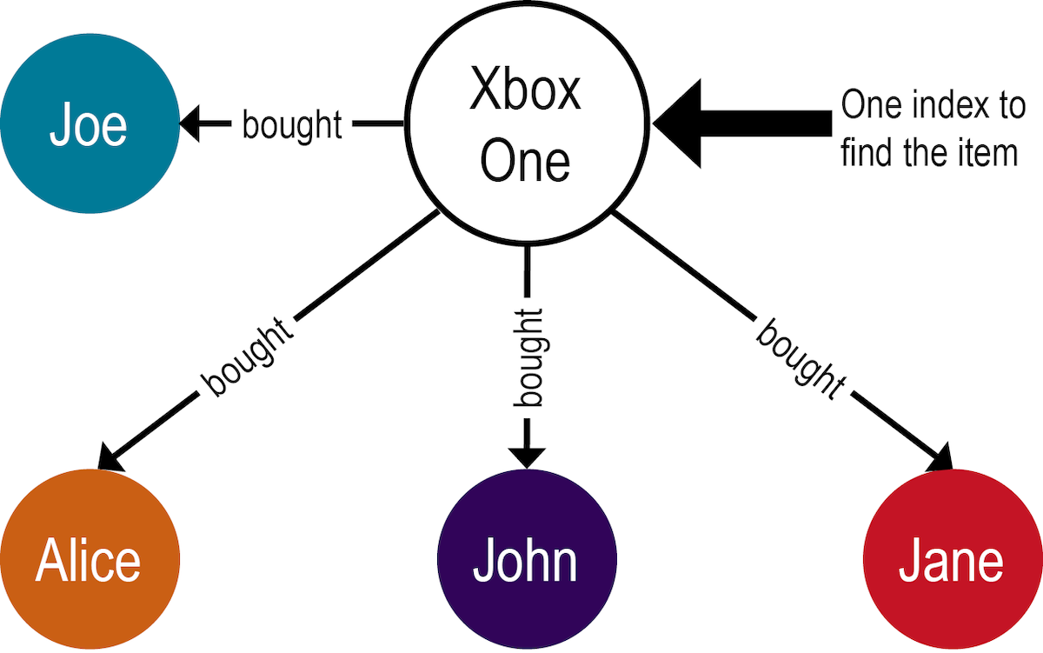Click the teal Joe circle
point(90,125)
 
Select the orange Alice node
point(89,561)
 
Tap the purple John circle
point(526,561)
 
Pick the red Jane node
point(951,561)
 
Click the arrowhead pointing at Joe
point(191,125)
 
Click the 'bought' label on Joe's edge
point(292,125)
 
